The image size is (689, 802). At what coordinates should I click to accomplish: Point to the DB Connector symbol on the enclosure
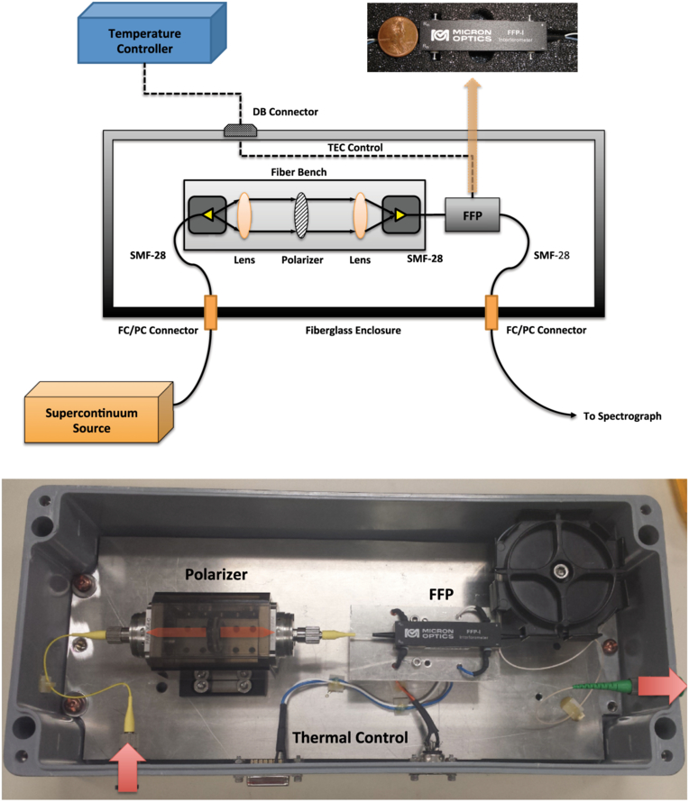pyautogui.click(x=240, y=131)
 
